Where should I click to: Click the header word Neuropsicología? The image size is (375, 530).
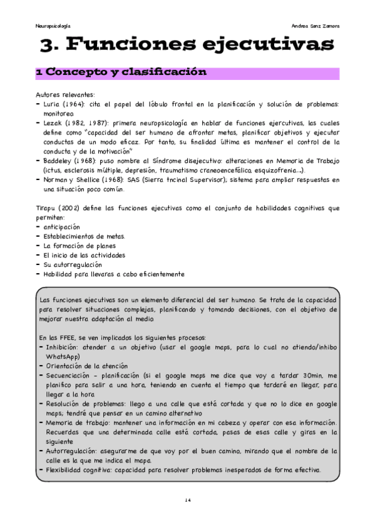(x=53, y=27)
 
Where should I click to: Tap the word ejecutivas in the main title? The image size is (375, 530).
(x=272, y=45)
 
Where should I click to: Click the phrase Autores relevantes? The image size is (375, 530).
(x=64, y=94)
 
